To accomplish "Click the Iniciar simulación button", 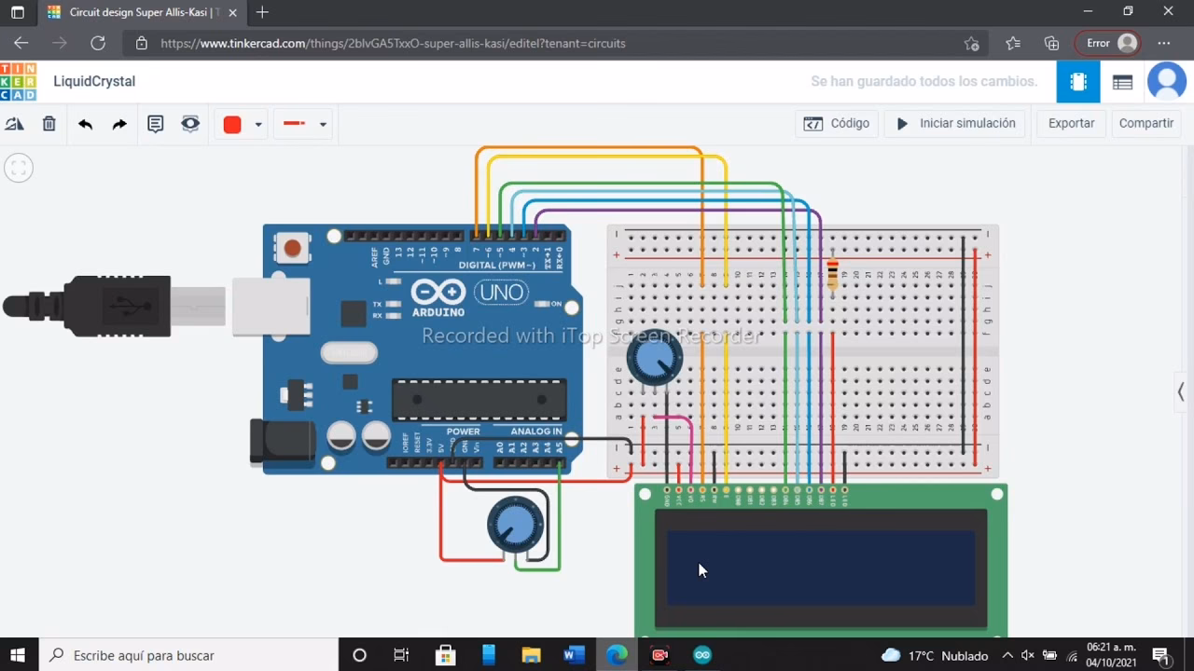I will pyautogui.click(x=956, y=123).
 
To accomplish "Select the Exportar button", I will pyautogui.click(x=1071, y=123).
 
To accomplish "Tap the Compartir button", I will pyautogui.click(x=1145, y=123).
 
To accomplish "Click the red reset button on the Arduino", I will pyautogui.click(x=293, y=248).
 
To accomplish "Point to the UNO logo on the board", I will pyautogui.click(x=501, y=293).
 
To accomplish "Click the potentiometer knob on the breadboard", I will pyautogui.click(x=654, y=360).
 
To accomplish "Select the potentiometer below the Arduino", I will pyautogui.click(x=515, y=525).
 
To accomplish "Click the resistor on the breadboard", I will pyautogui.click(x=833, y=272).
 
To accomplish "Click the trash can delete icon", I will pyautogui.click(x=49, y=124).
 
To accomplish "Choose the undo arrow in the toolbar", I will pyautogui.click(x=85, y=124).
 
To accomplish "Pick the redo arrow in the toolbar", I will pyautogui.click(x=119, y=124).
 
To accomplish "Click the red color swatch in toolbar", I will pyautogui.click(x=232, y=124).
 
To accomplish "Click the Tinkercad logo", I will pyautogui.click(x=19, y=82).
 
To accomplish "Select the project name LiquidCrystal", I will pyautogui.click(x=94, y=81).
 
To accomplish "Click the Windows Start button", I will pyautogui.click(x=18, y=655).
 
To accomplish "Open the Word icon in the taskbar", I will pyautogui.click(x=574, y=655).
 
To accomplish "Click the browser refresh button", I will pyautogui.click(x=98, y=43).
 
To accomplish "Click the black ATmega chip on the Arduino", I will pyautogui.click(x=479, y=400).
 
